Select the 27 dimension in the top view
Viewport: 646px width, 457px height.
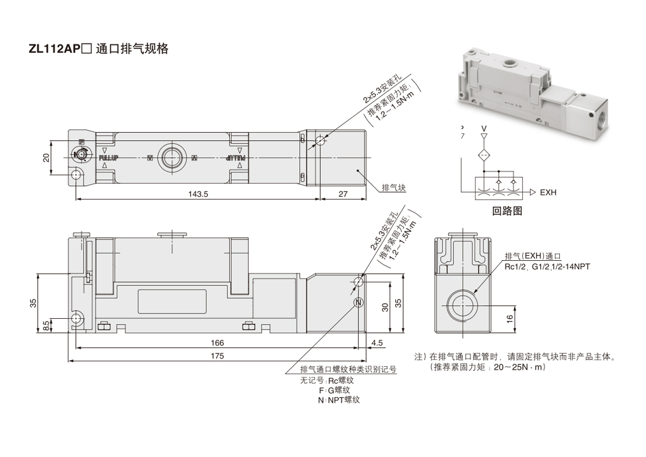[x=343, y=195]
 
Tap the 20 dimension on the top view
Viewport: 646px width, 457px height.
[x=46, y=158]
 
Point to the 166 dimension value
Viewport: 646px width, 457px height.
[x=217, y=342]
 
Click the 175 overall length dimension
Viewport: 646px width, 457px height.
[x=217, y=355]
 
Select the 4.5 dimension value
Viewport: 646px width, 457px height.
[x=377, y=342]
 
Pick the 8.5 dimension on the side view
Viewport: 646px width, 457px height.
[x=46, y=325]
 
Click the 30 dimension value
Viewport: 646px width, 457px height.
[x=384, y=306]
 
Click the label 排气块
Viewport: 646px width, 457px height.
[x=393, y=188]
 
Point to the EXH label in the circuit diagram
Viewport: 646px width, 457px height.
[x=548, y=192]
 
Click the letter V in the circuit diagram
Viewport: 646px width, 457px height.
[x=483, y=128]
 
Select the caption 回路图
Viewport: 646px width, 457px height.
[x=507, y=211]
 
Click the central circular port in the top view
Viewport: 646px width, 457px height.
[x=173, y=158]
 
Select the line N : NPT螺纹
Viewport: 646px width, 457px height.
[x=339, y=400]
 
